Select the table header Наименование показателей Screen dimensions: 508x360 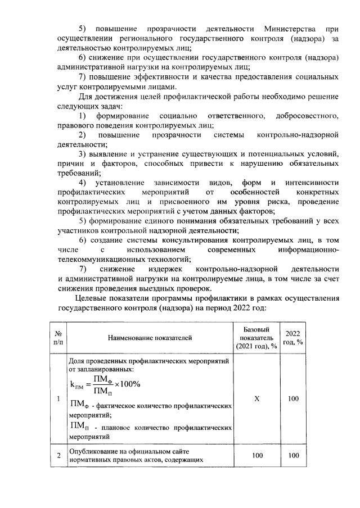[151, 338]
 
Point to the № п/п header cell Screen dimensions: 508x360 [58, 338]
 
